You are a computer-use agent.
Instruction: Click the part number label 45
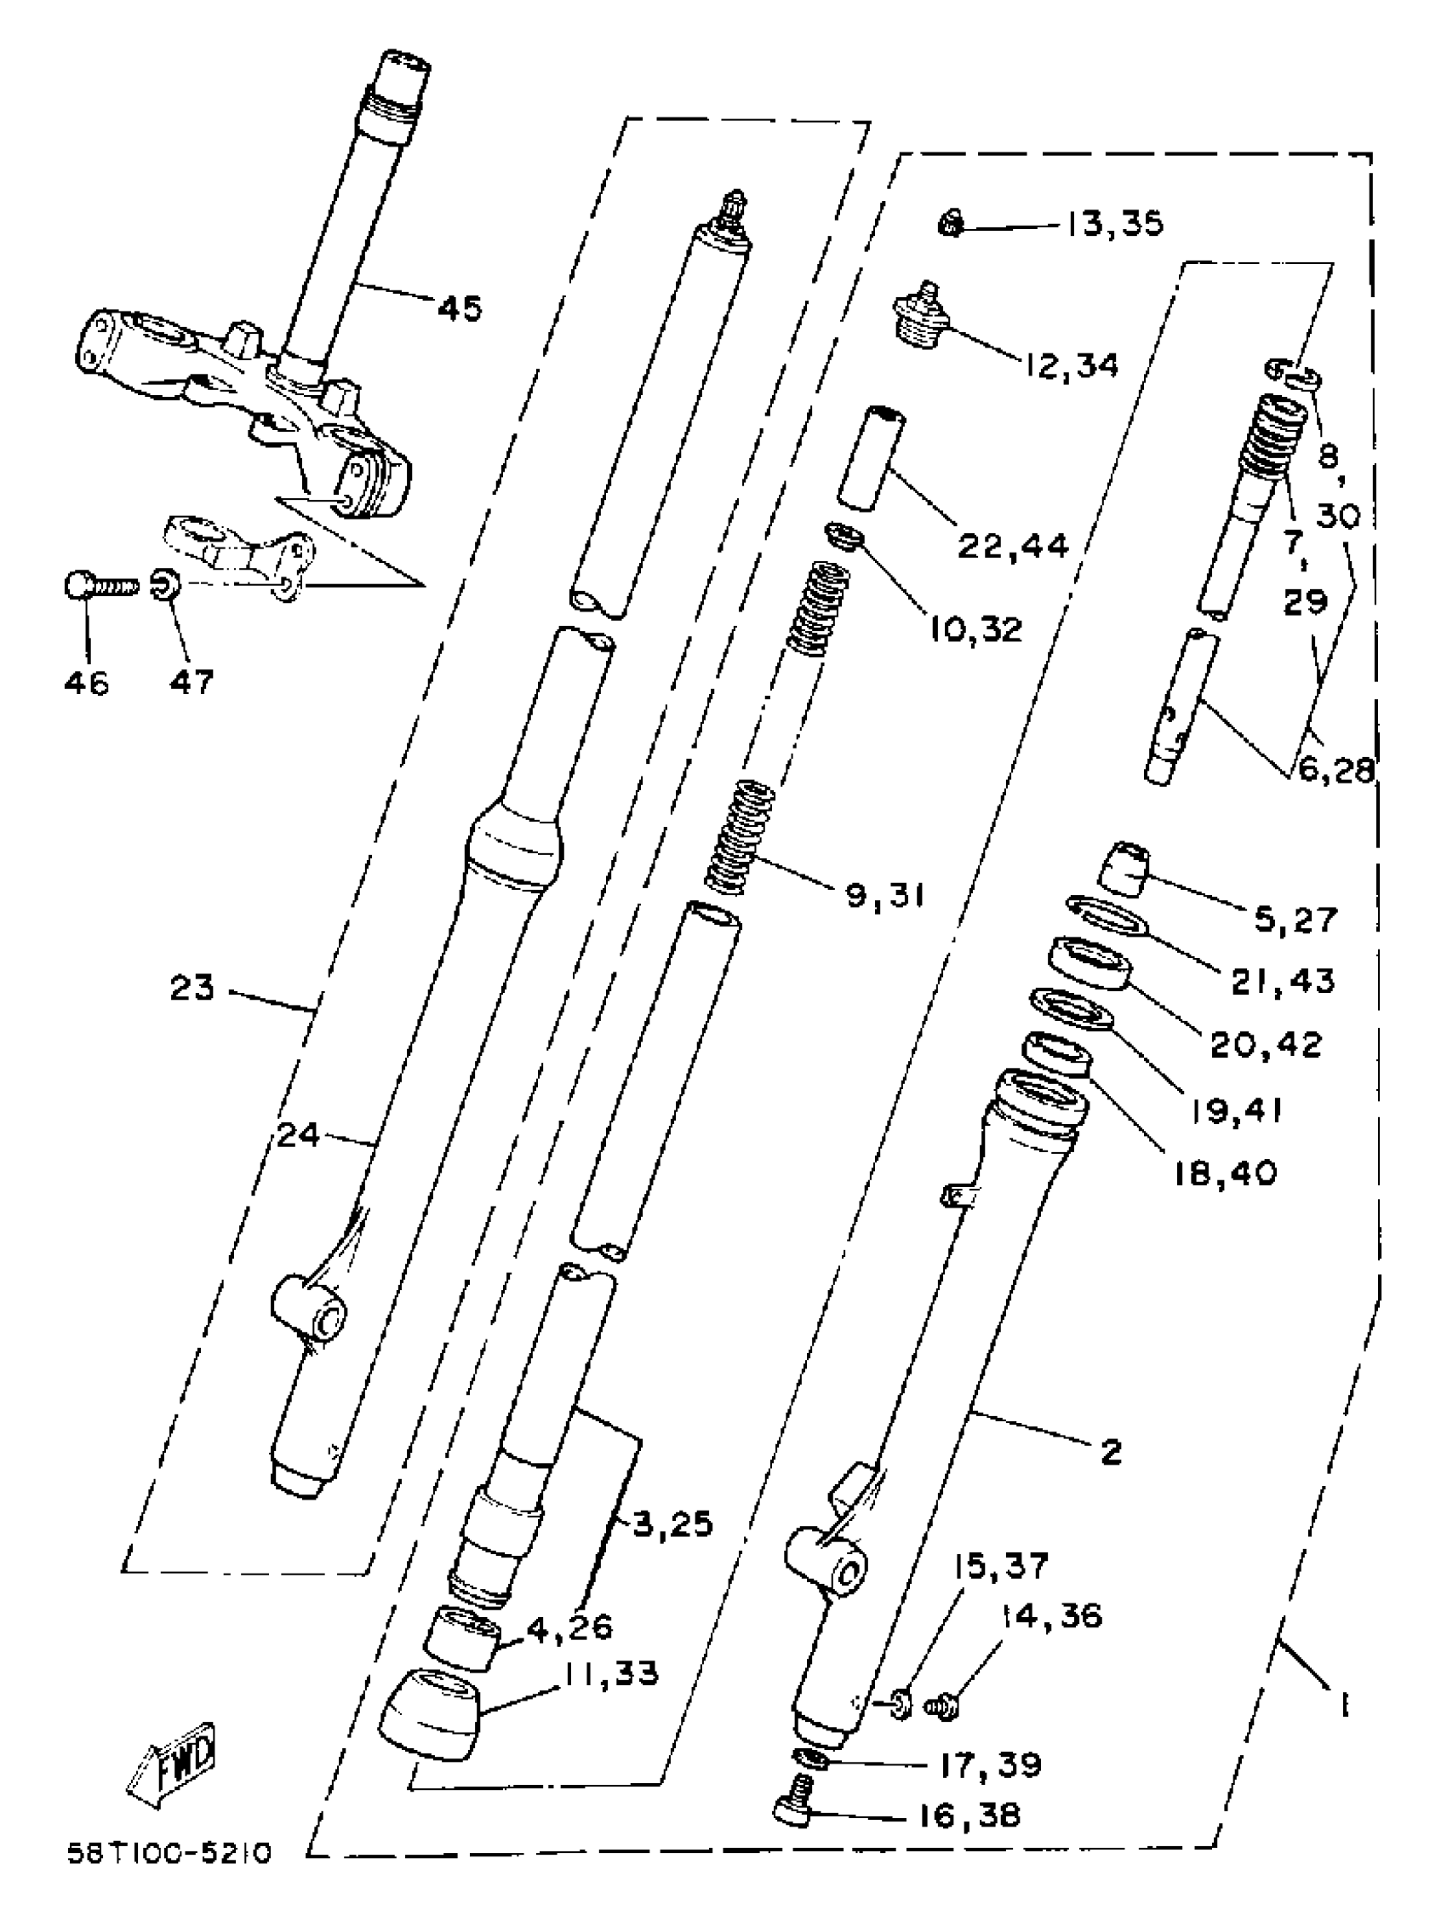pos(460,307)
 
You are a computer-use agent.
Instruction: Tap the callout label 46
pos(87,683)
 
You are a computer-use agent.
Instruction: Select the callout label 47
pos(192,683)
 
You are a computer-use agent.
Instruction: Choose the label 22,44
pos(1013,545)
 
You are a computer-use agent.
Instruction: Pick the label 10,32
pos(976,628)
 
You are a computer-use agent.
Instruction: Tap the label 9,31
pos(885,895)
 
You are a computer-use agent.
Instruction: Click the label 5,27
pos(1295,919)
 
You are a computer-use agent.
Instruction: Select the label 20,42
pos(1266,1046)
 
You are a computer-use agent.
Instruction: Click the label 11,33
pos(611,1672)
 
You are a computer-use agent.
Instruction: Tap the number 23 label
pos(192,987)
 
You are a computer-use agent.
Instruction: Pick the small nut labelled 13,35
pos(951,225)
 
